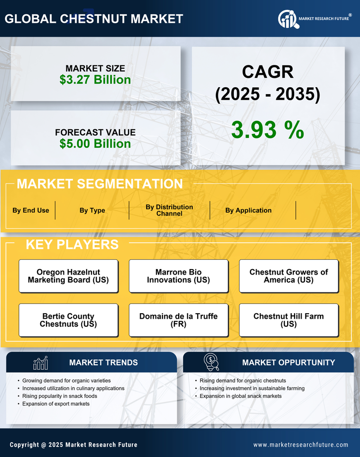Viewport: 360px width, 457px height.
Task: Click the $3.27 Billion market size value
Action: (95, 80)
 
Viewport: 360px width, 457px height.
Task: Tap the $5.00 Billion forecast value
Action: (95, 144)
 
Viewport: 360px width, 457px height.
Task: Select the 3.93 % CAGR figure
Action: (267, 130)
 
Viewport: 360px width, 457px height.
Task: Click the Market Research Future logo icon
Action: (288, 19)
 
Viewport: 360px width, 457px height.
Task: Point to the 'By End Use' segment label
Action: (31, 210)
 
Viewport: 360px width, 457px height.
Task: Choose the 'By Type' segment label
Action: (92, 210)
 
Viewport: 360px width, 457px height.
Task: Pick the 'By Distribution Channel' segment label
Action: (169, 210)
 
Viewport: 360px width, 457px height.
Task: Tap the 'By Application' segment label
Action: (248, 210)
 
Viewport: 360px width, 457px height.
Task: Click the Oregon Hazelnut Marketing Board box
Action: (68, 276)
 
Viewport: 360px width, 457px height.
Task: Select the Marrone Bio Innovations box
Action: (178, 276)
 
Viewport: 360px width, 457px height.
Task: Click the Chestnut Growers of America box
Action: (289, 276)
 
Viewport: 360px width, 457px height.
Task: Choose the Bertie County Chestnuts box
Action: (68, 320)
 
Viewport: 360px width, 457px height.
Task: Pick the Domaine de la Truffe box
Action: (178, 320)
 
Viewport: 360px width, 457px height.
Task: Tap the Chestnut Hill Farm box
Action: (289, 320)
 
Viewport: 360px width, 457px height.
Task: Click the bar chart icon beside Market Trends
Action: (41, 363)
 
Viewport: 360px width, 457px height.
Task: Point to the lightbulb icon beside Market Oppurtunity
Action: (211, 362)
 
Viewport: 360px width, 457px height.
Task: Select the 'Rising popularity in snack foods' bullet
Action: (59, 396)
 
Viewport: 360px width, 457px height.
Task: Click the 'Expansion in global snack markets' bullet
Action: (241, 396)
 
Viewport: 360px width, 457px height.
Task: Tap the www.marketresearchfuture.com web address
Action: (301, 445)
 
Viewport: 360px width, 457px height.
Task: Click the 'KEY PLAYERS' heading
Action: (72, 244)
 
